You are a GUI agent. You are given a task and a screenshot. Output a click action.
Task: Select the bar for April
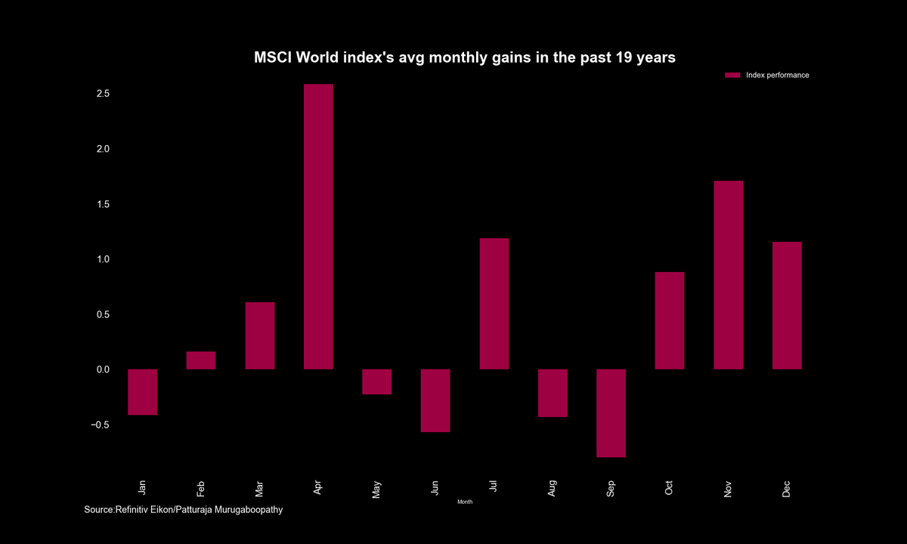(x=318, y=227)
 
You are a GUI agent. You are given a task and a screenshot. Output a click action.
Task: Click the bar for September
(x=611, y=413)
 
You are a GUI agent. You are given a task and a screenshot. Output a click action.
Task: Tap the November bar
(x=729, y=275)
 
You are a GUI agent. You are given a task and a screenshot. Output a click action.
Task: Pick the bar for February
(x=201, y=360)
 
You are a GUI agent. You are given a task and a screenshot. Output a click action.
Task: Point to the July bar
(x=494, y=304)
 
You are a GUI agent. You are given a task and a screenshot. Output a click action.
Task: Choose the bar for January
(x=142, y=392)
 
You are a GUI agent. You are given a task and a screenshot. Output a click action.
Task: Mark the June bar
(x=435, y=400)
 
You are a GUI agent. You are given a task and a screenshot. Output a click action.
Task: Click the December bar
(x=787, y=305)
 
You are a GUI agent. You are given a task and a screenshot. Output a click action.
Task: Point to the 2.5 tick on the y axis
(x=103, y=94)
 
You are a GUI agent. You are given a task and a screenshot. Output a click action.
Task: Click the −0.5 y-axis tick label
(x=101, y=425)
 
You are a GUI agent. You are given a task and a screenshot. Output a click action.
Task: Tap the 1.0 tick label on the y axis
(x=103, y=259)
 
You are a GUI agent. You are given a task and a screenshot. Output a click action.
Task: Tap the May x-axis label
(x=376, y=489)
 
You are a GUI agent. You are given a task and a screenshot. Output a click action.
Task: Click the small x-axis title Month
(x=465, y=502)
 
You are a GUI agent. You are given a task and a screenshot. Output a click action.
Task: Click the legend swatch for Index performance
(x=732, y=76)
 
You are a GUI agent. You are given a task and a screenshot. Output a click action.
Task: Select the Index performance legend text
(x=777, y=76)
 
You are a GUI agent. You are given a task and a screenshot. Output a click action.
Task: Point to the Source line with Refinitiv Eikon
(x=184, y=511)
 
